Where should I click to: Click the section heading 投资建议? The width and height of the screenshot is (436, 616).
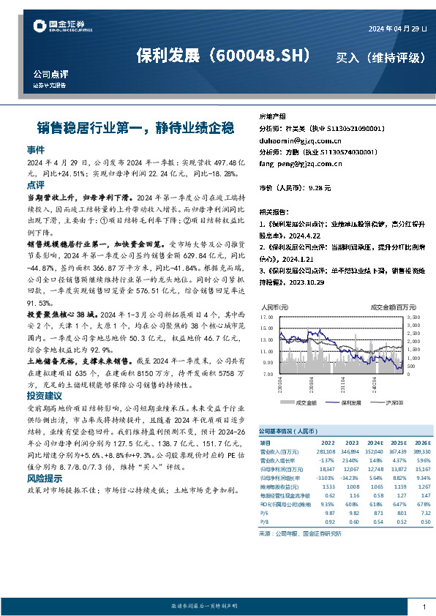(x=46, y=394)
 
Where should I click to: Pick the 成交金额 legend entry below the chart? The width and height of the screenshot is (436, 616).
(x=302, y=403)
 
